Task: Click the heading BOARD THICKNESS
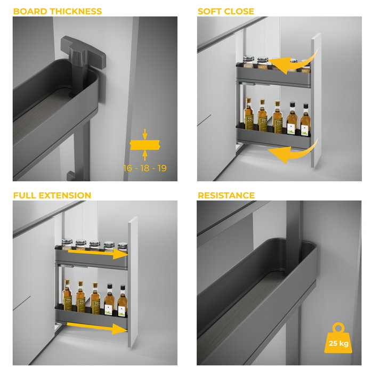click(58, 11)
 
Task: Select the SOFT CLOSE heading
click(226, 11)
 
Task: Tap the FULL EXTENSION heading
click(52, 196)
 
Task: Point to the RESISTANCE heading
click(226, 196)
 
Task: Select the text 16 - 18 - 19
click(145, 168)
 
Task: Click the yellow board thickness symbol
click(145, 144)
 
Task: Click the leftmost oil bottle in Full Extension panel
click(67, 297)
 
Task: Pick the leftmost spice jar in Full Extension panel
click(67, 245)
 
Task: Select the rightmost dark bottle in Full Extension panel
click(122, 301)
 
